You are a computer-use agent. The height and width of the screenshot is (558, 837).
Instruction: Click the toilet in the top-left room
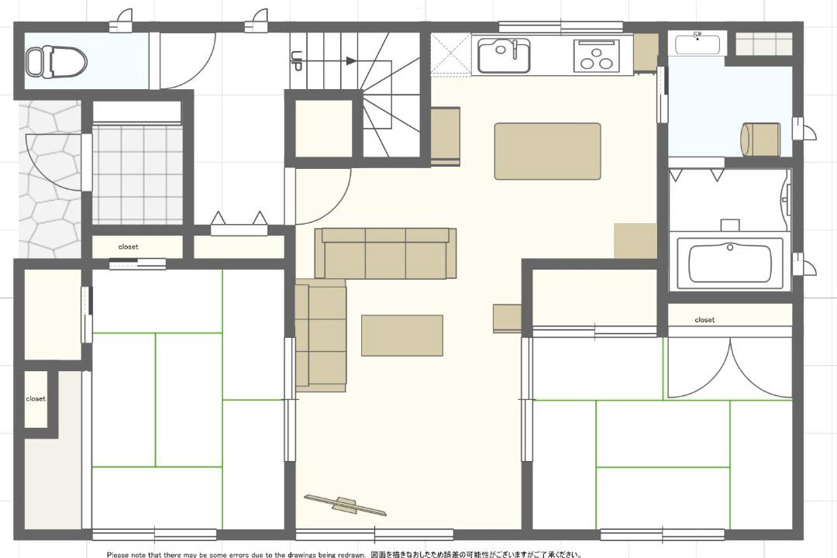(x=57, y=60)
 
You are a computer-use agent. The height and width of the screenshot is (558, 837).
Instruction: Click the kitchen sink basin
(x=504, y=56)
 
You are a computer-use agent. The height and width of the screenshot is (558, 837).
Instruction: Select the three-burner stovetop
(x=597, y=56)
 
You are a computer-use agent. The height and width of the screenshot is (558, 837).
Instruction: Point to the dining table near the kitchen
(x=547, y=151)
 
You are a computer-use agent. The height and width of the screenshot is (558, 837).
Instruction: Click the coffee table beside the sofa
(x=402, y=336)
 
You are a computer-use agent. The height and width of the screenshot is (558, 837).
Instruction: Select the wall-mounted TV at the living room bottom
(x=346, y=505)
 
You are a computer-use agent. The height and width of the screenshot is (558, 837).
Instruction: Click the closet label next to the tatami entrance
(x=128, y=246)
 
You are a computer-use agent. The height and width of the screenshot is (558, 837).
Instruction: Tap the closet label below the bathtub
(x=704, y=320)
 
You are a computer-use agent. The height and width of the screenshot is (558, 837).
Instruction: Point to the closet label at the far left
(x=36, y=399)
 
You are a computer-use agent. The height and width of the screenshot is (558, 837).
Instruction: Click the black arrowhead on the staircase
(x=351, y=61)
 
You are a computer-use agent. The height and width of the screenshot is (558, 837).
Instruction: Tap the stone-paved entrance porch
(x=50, y=180)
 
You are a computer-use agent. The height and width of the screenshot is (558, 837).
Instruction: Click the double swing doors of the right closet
(x=730, y=368)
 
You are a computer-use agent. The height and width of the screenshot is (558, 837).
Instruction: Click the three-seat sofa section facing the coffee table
(x=385, y=253)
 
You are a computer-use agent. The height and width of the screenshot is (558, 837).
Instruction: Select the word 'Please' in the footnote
(x=118, y=555)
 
